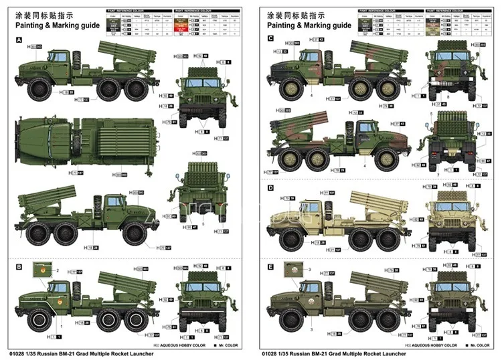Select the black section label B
(19, 266)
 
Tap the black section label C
(270, 39)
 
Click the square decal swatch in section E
(292, 272)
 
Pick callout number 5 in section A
(204, 225)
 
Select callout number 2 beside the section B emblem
(58, 270)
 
